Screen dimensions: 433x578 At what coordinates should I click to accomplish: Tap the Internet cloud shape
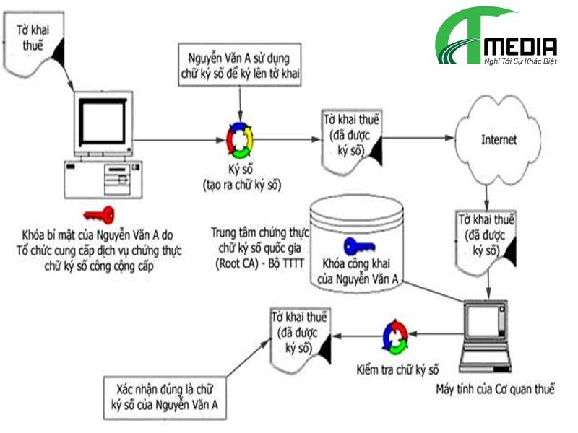[x=499, y=140]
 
